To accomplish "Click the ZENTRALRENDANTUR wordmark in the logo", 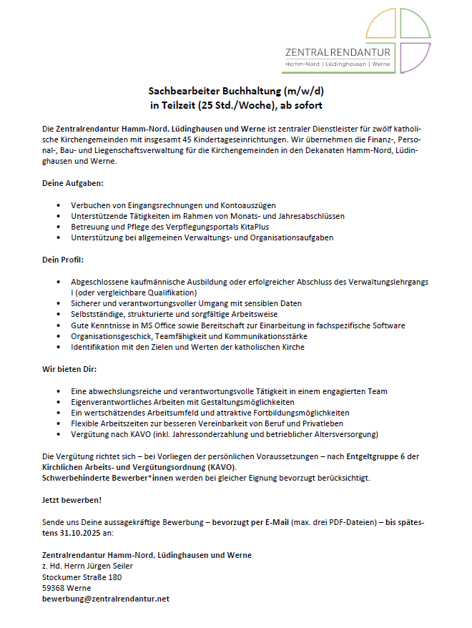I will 338,53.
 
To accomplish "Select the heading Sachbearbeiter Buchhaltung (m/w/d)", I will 236,92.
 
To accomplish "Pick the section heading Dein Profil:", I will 63,259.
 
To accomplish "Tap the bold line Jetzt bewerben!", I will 72,500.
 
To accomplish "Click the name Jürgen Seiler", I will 109,566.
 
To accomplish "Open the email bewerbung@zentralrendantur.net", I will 106,599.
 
